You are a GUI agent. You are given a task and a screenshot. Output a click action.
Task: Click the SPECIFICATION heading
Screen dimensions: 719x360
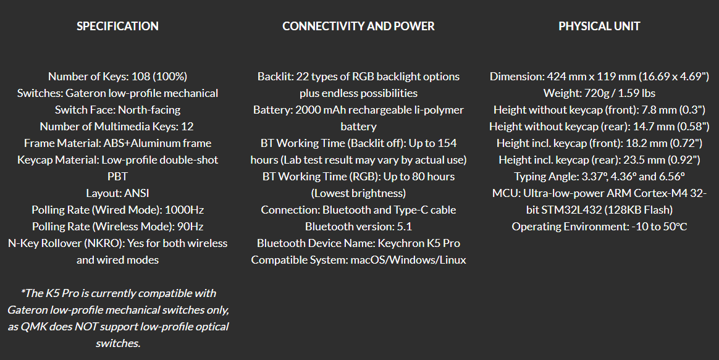(117, 26)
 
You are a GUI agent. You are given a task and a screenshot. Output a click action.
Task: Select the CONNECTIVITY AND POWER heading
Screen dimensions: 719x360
(358, 26)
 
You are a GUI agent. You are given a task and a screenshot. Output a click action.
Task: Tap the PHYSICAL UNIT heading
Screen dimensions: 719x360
(599, 26)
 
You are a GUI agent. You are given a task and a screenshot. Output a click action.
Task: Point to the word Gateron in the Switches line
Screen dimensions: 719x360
(84, 93)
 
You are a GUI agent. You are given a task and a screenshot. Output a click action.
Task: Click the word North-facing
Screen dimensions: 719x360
(149, 110)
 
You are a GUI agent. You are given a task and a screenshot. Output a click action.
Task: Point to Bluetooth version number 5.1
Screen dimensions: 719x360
(404, 227)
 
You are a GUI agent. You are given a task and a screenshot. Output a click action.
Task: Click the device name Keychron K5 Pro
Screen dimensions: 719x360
(419, 243)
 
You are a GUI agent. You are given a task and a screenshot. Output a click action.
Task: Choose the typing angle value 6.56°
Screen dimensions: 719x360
(672, 177)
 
